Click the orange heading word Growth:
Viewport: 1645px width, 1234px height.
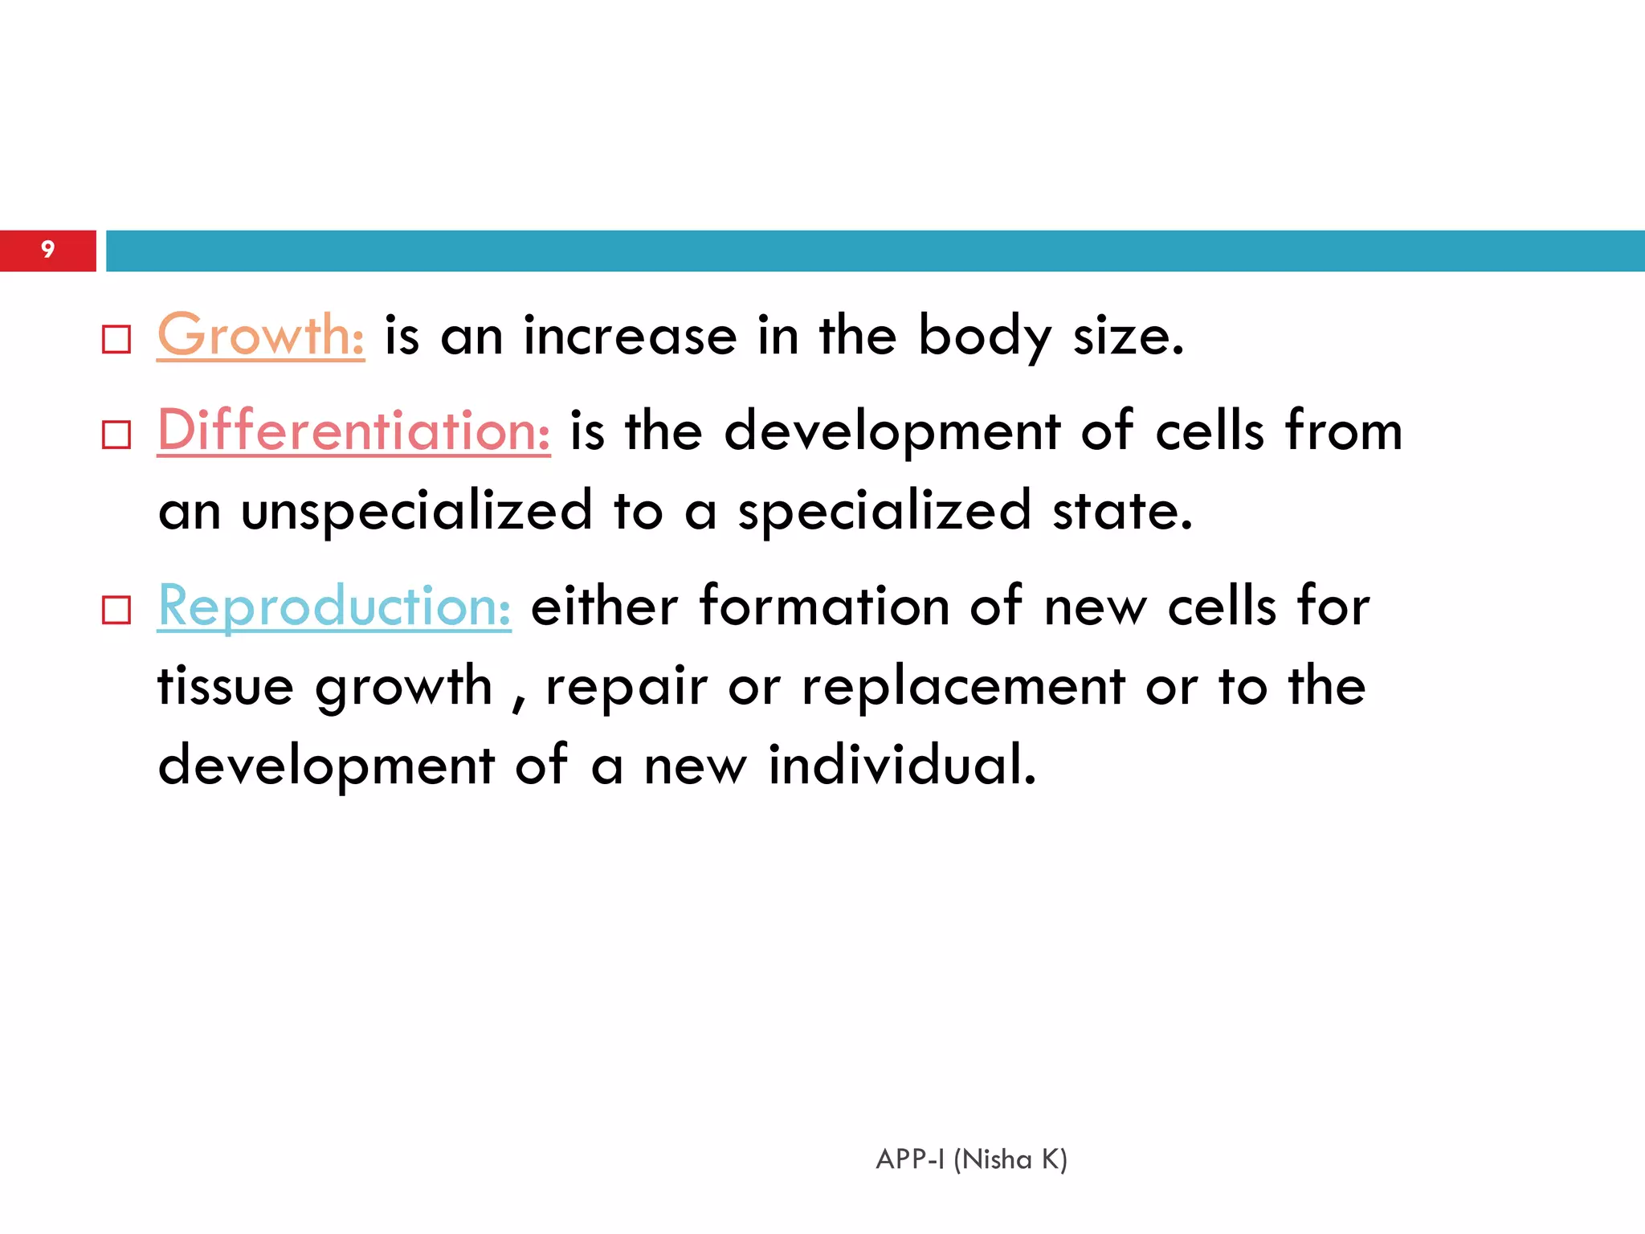click(260, 335)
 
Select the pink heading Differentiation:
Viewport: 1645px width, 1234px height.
click(353, 431)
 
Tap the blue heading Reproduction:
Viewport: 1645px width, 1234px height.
click(334, 606)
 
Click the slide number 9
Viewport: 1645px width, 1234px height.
click(48, 250)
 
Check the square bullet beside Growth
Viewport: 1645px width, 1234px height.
click(116, 340)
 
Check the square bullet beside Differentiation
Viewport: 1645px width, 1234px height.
click(116, 435)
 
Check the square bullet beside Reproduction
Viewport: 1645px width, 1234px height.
click(116, 611)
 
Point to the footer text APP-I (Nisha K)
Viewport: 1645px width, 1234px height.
click(971, 1159)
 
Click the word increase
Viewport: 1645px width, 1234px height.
click(630, 336)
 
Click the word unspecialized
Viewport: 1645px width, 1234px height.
click(416, 511)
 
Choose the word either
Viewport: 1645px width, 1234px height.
click(604, 606)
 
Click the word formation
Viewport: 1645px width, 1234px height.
click(824, 606)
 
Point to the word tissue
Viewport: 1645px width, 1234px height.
click(226, 686)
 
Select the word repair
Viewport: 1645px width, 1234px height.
click(627, 688)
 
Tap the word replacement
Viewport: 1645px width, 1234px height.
click(963, 688)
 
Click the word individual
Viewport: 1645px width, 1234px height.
click(902, 764)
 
